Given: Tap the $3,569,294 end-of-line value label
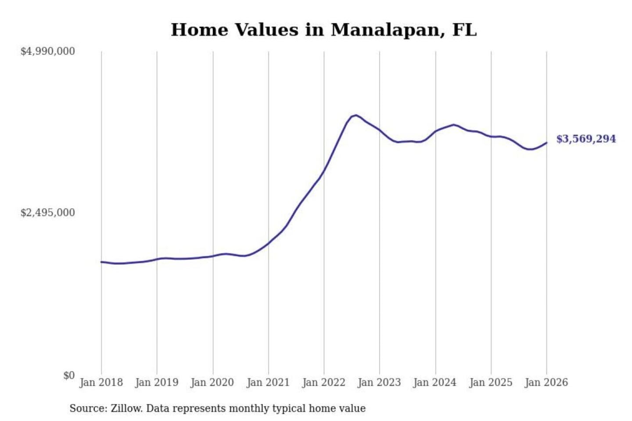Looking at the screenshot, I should (x=586, y=139).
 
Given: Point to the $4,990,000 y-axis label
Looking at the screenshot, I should (x=48, y=51).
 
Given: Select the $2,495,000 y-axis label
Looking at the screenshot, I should (x=48, y=213).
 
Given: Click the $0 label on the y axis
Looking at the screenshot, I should (x=69, y=375).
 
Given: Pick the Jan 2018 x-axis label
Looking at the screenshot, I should (x=101, y=382).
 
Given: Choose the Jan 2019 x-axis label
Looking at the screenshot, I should (x=157, y=382).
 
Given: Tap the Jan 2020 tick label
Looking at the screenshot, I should (x=212, y=382).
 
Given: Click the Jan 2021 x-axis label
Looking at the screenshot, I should (x=268, y=382).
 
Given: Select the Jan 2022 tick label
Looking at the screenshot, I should (x=324, y=382).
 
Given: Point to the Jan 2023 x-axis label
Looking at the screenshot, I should (x=379, y=382).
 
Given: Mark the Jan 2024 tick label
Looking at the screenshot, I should (x=435, y=382).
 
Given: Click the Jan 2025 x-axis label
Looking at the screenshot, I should (x=491, y=382).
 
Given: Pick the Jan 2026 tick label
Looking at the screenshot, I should (x=546, y=382).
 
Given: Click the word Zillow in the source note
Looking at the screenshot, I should (x=126, y=409).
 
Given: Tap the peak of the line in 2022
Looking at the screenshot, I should (x=356, y=115).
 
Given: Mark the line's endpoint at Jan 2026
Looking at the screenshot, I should (x=546, y=143).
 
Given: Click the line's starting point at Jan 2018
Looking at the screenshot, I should (x=101, y=262).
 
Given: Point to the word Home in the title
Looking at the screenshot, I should (x=200, y=30).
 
